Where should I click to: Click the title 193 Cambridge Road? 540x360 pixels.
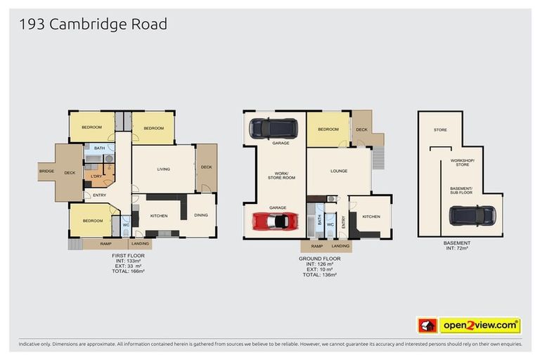tap(93, 24)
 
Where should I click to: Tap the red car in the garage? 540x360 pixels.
tap(275, 221)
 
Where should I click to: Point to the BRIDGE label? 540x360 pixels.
tap(46, 172)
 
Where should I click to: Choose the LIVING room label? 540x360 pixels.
tap(163, 169)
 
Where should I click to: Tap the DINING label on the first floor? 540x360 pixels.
tap(201, 215)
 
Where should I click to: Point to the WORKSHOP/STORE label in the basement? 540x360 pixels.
tap(462, 162)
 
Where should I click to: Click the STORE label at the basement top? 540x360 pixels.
tap(440, 129)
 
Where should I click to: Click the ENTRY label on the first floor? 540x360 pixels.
tap(99, 195)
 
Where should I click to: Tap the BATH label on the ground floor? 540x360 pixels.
tap(319, 220)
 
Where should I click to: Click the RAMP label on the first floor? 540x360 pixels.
tap(106, 244)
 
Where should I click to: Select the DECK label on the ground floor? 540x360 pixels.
tap(361, 129)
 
